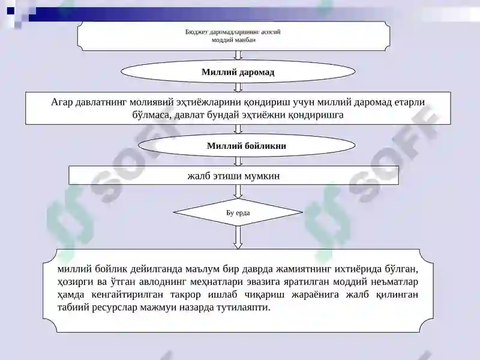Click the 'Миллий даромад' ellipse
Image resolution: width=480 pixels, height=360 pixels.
point(238,72)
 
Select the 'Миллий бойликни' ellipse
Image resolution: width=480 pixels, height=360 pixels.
point(247,145)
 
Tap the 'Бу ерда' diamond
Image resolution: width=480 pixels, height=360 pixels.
point(238,212)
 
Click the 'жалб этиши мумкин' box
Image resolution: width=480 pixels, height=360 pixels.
point(233,175)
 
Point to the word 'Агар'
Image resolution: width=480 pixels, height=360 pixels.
point(62,102)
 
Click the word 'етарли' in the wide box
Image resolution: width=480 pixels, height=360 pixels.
point(410,102)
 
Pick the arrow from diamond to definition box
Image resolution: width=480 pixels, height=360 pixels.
point(238,237)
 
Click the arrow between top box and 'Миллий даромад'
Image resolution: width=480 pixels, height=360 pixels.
point(238,55)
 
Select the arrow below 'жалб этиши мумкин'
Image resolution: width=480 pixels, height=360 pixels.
point(238,191)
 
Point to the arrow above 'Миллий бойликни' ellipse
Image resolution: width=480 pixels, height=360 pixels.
point(238,129)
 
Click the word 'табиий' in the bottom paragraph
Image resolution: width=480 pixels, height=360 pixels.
point(73,307)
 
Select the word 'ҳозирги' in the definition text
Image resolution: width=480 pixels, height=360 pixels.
point(75,281)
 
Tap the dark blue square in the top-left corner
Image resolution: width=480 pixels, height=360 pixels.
point(10,11)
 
